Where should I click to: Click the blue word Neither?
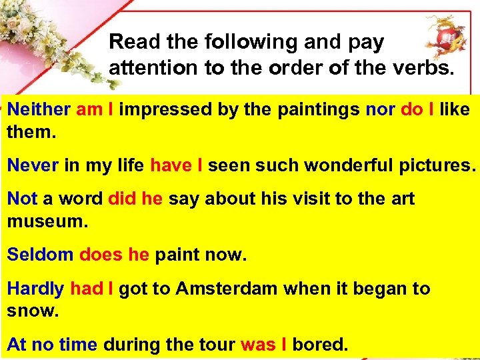pos(39,109)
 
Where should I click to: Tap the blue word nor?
pos(380,109)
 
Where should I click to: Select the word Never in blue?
pos(33,165)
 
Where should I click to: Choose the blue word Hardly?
pos(35,289)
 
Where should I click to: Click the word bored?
pos(320,345)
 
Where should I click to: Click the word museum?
pos(47,221)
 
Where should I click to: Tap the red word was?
pos(257,345)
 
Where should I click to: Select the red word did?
pos(121,199)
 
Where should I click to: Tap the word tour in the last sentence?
pos(217,345)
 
